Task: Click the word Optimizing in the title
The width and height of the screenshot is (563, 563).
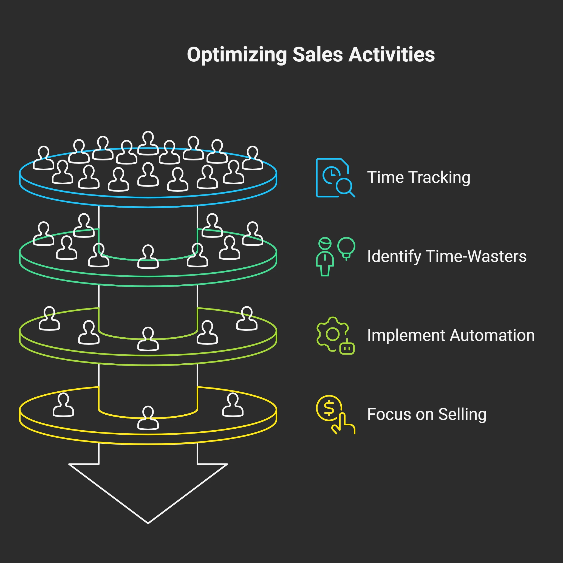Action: tap(237, 55)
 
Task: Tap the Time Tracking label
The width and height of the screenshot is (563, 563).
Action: tap(418, 177)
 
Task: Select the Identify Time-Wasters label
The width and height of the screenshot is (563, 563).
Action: tap(446, 256)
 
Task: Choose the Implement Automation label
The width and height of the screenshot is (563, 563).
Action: tap(451, 335)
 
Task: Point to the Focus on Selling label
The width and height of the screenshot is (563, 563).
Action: tap(427, 414)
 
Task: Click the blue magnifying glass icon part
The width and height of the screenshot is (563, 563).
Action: tap(344, 186)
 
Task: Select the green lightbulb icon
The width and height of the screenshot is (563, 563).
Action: tap(346, 248)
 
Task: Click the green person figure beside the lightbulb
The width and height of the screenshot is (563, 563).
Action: tap(325, 256)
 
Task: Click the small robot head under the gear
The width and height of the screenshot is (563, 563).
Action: tap(347, 348)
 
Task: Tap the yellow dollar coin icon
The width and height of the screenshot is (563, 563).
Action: tap(329, 408)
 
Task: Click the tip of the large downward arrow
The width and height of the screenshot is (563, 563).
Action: tap(148, 522)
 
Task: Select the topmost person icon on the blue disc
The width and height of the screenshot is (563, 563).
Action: tap(148, 143)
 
